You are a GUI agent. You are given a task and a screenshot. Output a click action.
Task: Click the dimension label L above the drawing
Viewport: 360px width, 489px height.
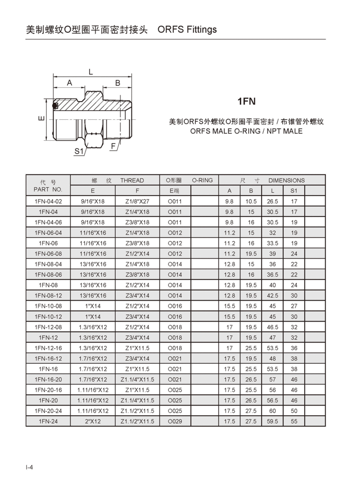coord(90,72)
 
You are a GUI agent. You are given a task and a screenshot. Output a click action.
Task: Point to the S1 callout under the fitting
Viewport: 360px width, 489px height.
coord(79,151)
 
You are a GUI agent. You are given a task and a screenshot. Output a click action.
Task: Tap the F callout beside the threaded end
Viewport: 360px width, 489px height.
coord(113,146)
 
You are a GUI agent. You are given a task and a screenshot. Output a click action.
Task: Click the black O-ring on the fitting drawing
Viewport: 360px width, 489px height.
coord(55,106)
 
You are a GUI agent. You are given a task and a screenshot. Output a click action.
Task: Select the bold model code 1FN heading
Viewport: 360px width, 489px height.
coord(246,101)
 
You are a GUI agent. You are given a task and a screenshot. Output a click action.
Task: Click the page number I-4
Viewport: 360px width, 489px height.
coord(29,467)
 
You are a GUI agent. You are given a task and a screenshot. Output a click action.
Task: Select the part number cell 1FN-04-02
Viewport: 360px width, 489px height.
coord(48,202)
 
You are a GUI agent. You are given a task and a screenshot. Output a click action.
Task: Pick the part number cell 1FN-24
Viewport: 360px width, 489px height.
coord(48,421)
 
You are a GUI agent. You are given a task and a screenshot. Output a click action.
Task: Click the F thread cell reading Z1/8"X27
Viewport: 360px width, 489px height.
coord(137,202)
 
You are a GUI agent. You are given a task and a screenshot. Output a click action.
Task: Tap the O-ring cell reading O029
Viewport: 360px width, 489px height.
coord(175,421)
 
